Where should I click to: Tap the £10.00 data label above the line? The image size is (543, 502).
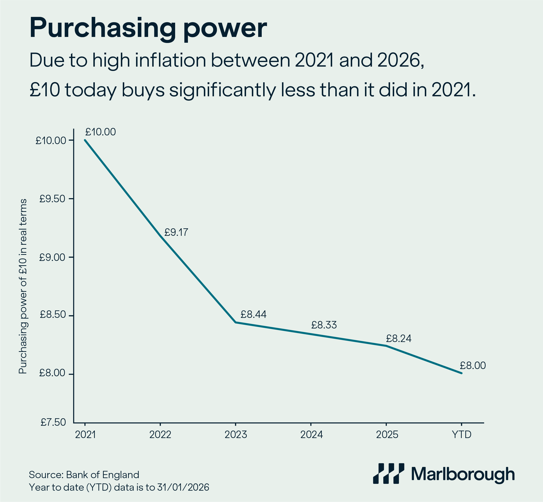(x=100, y=132)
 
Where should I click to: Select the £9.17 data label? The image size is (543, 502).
(x=176, y=232)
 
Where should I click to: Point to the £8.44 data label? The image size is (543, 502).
(x=254, y=314)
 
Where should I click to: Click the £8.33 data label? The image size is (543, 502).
(x=324, y=325)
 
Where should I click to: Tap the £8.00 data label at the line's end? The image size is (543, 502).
(x=473, y=366)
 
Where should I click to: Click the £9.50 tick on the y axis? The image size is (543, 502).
(x=53, y=199)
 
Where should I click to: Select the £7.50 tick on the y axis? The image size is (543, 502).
(x=53, y=422)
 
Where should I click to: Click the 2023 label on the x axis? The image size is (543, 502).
(x=236, y=435)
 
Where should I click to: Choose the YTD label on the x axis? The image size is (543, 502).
(x=461, y=435)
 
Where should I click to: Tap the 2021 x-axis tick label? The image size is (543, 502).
(x=85, y=435)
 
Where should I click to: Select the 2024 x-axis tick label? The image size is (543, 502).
(x=311, y=435)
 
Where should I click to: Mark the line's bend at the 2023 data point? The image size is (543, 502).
(x=236, y=322)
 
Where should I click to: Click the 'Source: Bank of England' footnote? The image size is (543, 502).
(x=84, y=475)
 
